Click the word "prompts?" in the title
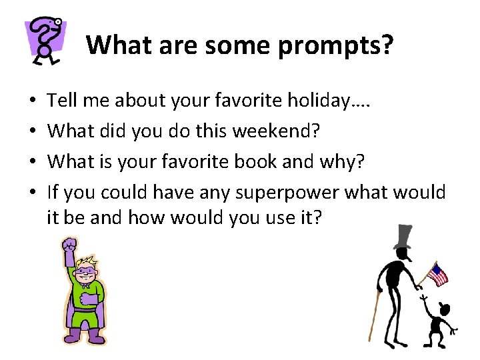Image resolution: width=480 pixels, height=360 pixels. (335, 45)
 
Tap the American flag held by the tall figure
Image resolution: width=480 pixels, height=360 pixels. (437, 274)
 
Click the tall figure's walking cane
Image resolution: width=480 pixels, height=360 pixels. (375, 313)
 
